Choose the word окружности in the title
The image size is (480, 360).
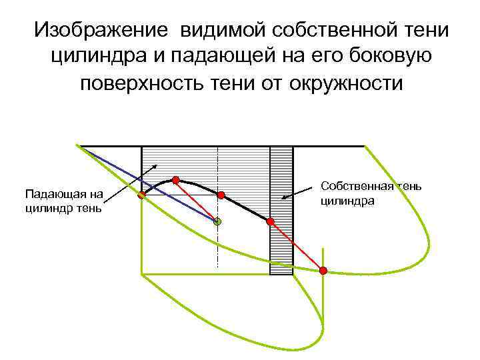pos(347,84)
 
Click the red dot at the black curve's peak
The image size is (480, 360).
pos(176,179)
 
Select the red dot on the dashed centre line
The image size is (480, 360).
pos(221,195)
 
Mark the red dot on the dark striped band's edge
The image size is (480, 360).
pos(270,221)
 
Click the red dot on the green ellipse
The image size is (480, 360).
pos(323,270)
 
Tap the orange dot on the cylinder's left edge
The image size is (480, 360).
pos(142,196)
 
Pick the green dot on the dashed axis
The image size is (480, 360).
pos(217,221)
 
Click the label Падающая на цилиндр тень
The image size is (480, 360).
pos(63,201)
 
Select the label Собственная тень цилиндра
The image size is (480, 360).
pos(371,193)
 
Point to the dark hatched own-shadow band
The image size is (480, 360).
pos(281,247)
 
